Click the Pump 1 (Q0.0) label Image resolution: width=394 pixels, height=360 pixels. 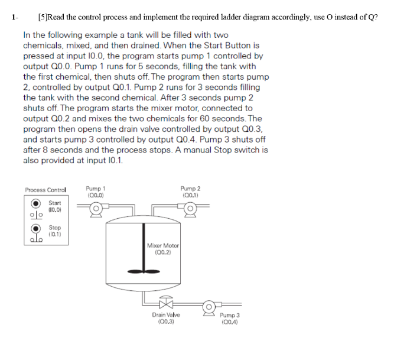[x=96, y=191]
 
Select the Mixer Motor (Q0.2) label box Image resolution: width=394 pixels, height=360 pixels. [x=163, y=249]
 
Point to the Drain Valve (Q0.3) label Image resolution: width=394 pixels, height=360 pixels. [x=164, y=319]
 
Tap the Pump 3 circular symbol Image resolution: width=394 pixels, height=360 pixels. [x=209, y=307]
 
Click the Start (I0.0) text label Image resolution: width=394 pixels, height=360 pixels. [x=54, y=206]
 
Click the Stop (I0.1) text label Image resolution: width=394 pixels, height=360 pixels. [x=54, y=231]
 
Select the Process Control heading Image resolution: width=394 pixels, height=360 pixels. [x=45, y=190]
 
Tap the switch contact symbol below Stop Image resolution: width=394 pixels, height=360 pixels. [x=35, y=240]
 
